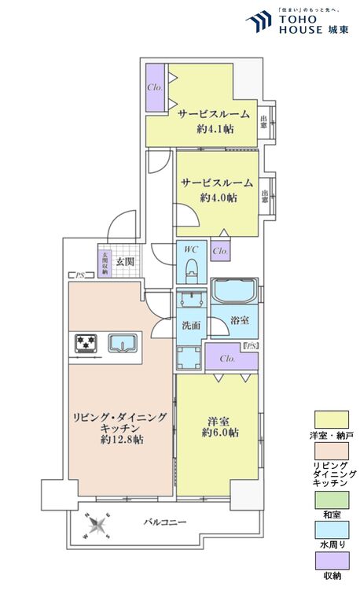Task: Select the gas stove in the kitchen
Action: pos(86,343)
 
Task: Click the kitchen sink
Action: pos(122,343)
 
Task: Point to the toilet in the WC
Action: pos(190,270)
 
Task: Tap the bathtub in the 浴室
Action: pos(233,293)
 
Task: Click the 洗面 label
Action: pos(190,323)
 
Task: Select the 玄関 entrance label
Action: pos(125,261)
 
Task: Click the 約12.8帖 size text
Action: pos(120,440)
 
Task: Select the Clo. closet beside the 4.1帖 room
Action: pos(155,87)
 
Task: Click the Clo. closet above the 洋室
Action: pos(229,359)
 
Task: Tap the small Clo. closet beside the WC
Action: pos(221,252)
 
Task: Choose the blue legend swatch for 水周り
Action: pos(330,529)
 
